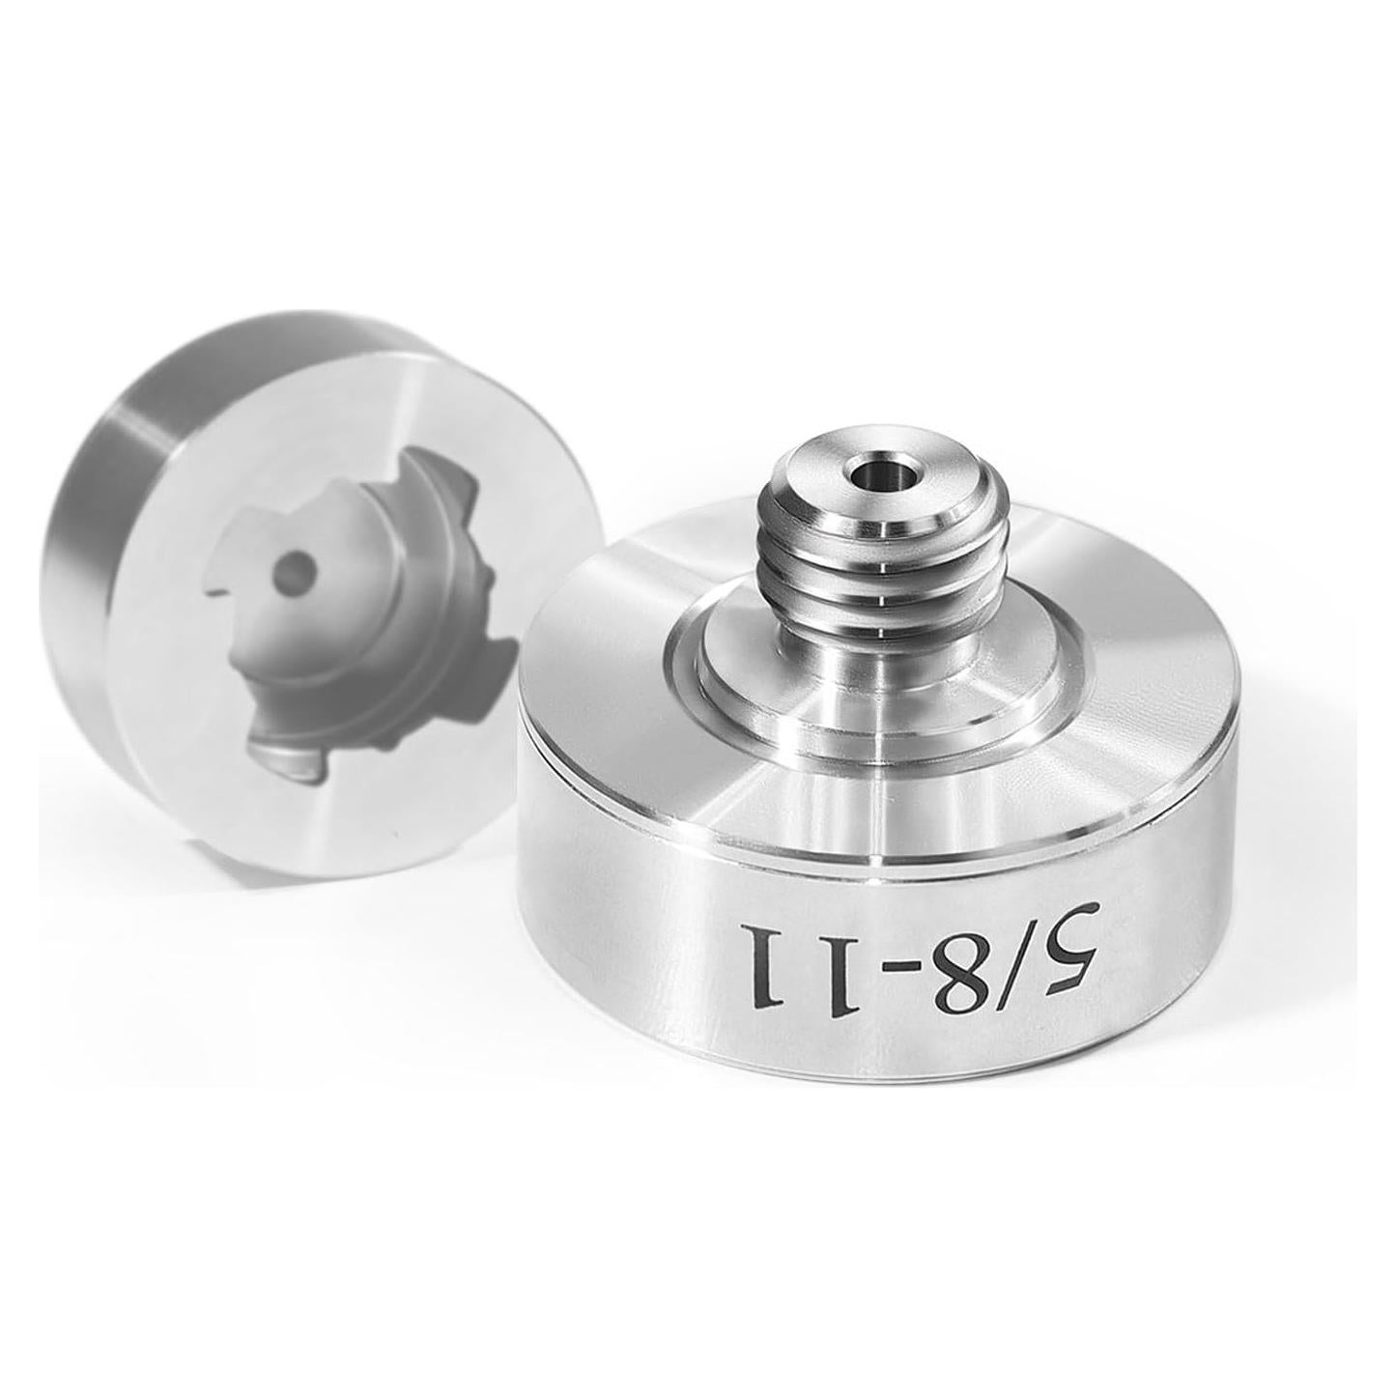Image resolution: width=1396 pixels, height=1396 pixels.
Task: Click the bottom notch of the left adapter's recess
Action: pos(290,763)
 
